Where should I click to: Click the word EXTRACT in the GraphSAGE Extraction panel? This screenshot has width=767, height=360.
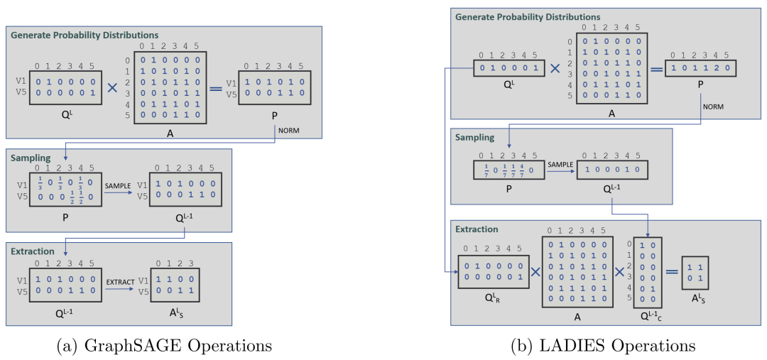coord(119,281)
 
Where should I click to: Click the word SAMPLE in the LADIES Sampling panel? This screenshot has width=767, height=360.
coord(560,163)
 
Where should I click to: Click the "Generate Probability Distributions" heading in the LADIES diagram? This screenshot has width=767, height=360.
coord(528,16)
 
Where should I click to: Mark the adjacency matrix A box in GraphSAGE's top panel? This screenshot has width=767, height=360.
coord(170,88)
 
